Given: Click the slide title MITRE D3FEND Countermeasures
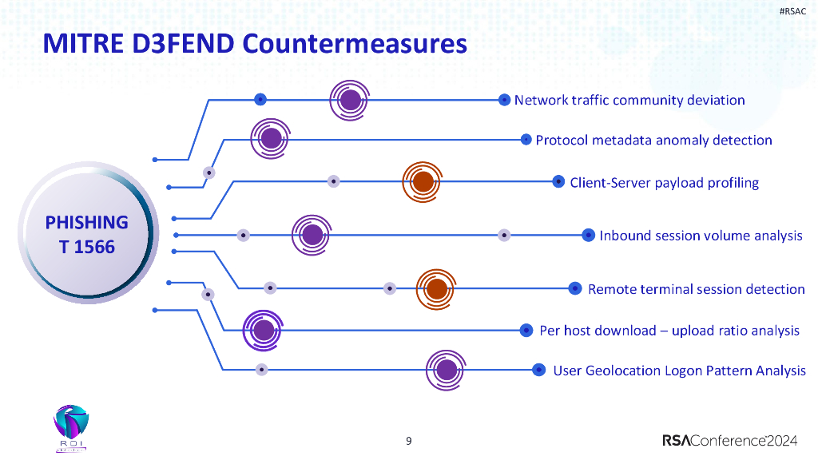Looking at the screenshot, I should point(254,43).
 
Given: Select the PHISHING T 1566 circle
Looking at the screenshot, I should point(86,235).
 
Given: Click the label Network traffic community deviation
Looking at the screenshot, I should point(629,100).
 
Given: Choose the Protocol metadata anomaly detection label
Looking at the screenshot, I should point(653,141).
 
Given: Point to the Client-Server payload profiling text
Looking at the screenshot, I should point(664,183).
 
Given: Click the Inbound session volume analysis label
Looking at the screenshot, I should point(701,236).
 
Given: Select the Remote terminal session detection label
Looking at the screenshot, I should point(696,289).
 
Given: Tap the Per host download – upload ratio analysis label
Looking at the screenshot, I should point(669,331).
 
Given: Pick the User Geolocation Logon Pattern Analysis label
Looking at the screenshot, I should point(679,371).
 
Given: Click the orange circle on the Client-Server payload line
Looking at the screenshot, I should point(423,181).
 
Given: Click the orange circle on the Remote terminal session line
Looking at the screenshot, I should point(437,288).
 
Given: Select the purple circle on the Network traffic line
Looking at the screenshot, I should point(350,100).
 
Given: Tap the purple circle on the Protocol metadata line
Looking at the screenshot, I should point(272,138).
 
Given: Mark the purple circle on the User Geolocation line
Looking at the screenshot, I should point(447,370).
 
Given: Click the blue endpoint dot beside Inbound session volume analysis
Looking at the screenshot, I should point(589,235).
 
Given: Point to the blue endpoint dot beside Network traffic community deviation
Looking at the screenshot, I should point(504,100).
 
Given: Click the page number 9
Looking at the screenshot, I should point(409,441).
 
